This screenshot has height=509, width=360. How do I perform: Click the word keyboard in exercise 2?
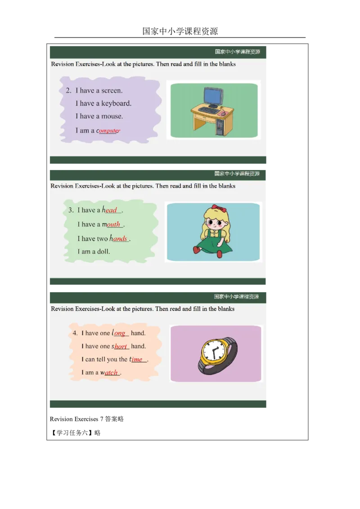point(116,103)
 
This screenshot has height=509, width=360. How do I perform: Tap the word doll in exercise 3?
point(103,251)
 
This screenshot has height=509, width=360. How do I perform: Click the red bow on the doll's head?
point(218,208)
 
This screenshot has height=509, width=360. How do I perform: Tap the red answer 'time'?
point(136,359)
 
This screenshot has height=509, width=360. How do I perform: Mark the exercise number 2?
point(68,91)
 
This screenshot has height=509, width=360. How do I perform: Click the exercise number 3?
point(71,210)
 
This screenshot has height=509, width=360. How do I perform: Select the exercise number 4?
point(75,333)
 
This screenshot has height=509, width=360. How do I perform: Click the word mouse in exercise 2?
point(112,116)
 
